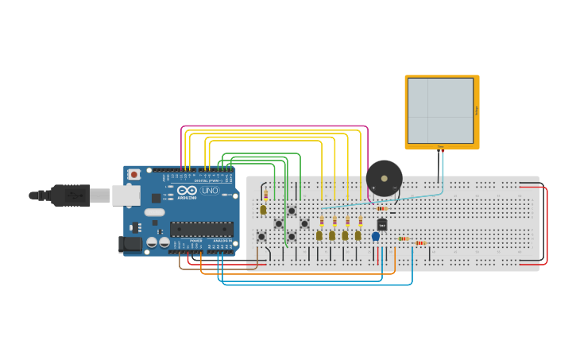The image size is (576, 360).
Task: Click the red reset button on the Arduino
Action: (134, 174)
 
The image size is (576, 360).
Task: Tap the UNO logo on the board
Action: (210, 191)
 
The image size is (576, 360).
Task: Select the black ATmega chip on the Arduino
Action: (201, 230)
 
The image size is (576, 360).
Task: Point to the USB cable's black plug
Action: (71, 194)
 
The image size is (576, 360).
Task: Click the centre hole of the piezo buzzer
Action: (384, 177)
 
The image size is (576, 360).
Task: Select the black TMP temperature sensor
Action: (381, 225)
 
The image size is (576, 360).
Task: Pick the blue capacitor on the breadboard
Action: (376, 236)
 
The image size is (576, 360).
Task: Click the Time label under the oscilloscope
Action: (441, 147)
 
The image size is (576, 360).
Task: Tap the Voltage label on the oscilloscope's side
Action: (476, 111)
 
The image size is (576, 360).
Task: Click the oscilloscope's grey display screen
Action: (440, 110)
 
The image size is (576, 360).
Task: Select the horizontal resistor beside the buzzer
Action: (381, 208)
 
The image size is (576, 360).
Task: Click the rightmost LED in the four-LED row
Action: (358, 235)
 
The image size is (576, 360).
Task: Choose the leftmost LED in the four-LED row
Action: (319, 235)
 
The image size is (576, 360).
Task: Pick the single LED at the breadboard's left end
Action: (263, 210)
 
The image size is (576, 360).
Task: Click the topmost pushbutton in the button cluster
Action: (292, 211)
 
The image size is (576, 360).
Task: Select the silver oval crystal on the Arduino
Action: (155, 212)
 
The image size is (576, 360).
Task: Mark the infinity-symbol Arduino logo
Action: (187, 191)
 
